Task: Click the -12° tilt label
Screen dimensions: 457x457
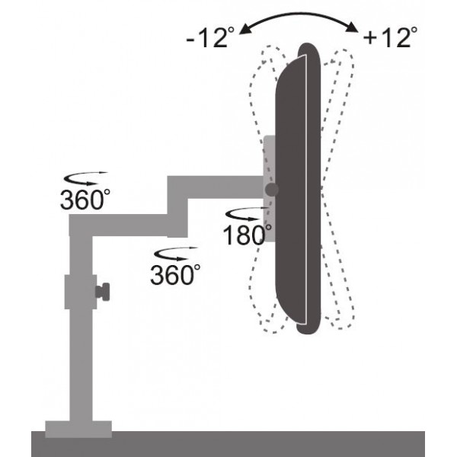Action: (210, 37)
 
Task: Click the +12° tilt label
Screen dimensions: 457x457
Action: (390, 37)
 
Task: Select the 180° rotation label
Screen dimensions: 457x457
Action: (247, 235)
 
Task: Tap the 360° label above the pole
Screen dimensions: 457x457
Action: (85, 199)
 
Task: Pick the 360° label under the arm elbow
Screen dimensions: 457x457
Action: (175, 274)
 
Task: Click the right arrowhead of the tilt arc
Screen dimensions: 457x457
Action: (352, 27)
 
